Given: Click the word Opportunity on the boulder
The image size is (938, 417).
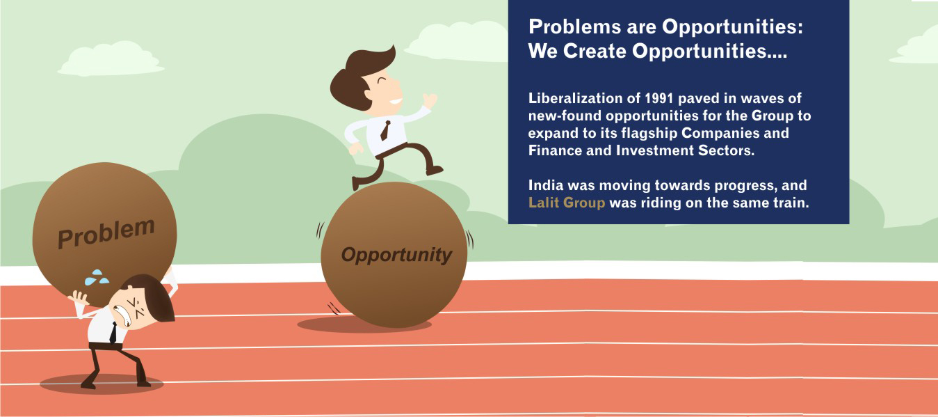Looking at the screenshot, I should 396,255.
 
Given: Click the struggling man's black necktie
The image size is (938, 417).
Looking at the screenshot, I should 113,333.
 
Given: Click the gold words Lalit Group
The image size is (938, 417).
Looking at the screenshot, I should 566,203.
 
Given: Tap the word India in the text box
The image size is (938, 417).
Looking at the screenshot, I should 546,186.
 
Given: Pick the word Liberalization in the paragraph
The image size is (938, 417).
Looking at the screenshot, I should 571,98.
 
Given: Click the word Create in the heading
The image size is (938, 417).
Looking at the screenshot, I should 597,52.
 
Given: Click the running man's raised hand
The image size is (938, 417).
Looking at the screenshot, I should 430,100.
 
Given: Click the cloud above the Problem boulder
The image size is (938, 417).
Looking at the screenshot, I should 111,58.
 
